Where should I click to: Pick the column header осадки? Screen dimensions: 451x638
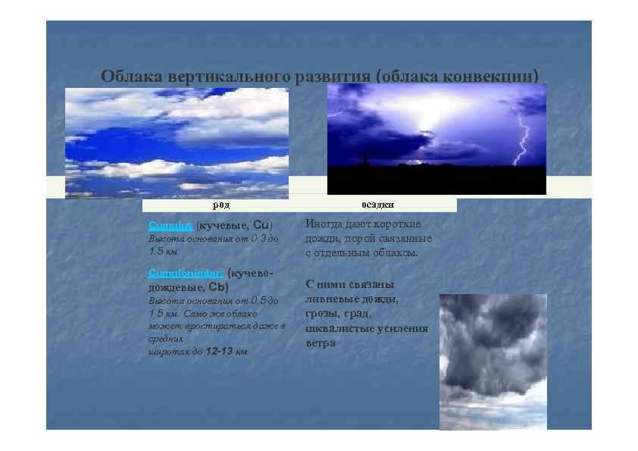(x=377, y=205)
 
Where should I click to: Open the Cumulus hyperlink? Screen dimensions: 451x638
(x=170, y=225)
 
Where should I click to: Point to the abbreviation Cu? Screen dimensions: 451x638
(x=260, y=225)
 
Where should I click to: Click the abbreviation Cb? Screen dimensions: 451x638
(x=217, y=287)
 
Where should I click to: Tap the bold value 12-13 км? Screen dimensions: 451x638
(x=226, y=352)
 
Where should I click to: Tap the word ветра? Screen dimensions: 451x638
(x=321, y=343)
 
